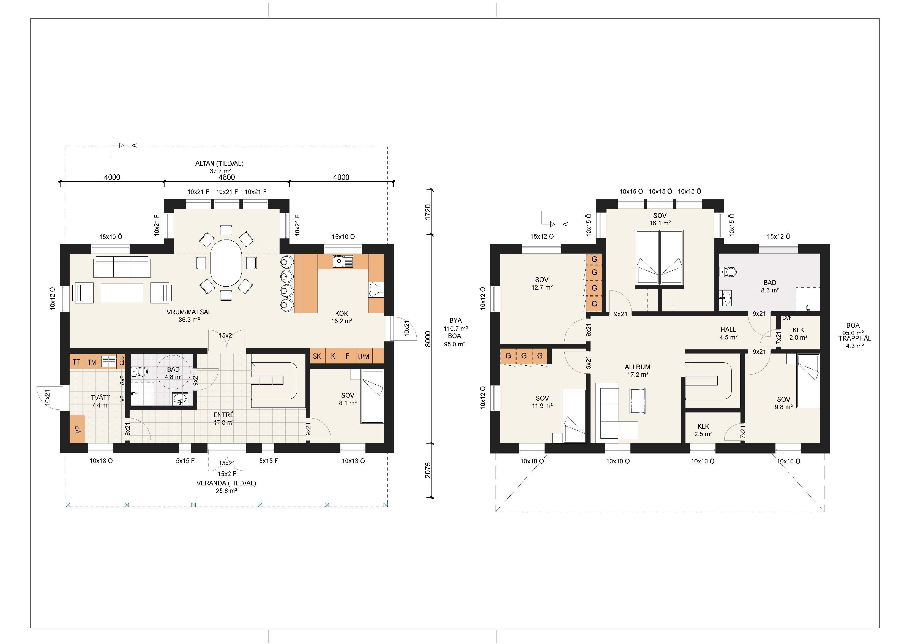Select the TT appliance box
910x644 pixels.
(76, 362)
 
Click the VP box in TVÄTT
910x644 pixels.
(78, 429)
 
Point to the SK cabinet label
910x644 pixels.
(317, 356)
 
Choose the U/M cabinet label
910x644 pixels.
(364, 356)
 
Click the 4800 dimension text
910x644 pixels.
(227, 177)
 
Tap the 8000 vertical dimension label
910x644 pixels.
(428, 339)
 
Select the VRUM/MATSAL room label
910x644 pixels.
(189, 312)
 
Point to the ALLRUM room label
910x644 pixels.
(637, 367)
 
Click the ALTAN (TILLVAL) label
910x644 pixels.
(219, 163)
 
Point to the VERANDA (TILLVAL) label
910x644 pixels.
(226, 483)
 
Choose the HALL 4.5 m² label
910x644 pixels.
(728, 333)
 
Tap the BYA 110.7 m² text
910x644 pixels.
(456, 324)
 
